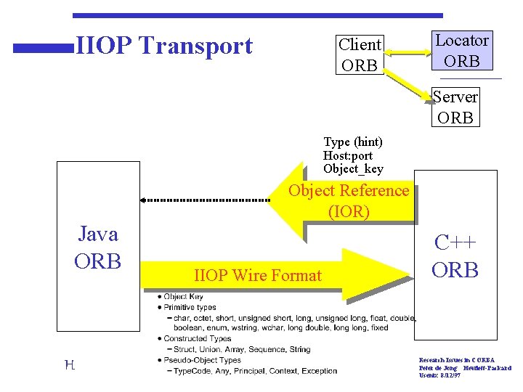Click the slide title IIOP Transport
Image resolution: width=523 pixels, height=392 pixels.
click(164, 46)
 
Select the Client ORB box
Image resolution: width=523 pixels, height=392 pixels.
click(360, 54)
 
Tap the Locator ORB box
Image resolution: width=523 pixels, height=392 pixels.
click(461, 51)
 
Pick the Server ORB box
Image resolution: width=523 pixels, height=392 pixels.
click(455, 107)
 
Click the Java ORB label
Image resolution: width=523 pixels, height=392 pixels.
click(98, 248)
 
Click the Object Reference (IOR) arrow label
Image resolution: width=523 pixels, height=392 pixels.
click(349, 201)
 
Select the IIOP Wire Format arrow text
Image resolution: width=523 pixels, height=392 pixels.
click(258, 275)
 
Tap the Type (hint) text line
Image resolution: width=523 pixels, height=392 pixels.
click(353, 142)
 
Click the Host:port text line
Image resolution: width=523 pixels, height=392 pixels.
click(348, 155)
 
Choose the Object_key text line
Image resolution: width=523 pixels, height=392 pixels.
click(353, 168)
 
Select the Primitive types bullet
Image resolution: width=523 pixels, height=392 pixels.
click(190, 307)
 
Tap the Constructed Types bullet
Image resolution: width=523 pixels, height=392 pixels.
click(197, 338)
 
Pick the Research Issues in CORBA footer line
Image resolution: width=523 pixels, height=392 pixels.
click(457, 359)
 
